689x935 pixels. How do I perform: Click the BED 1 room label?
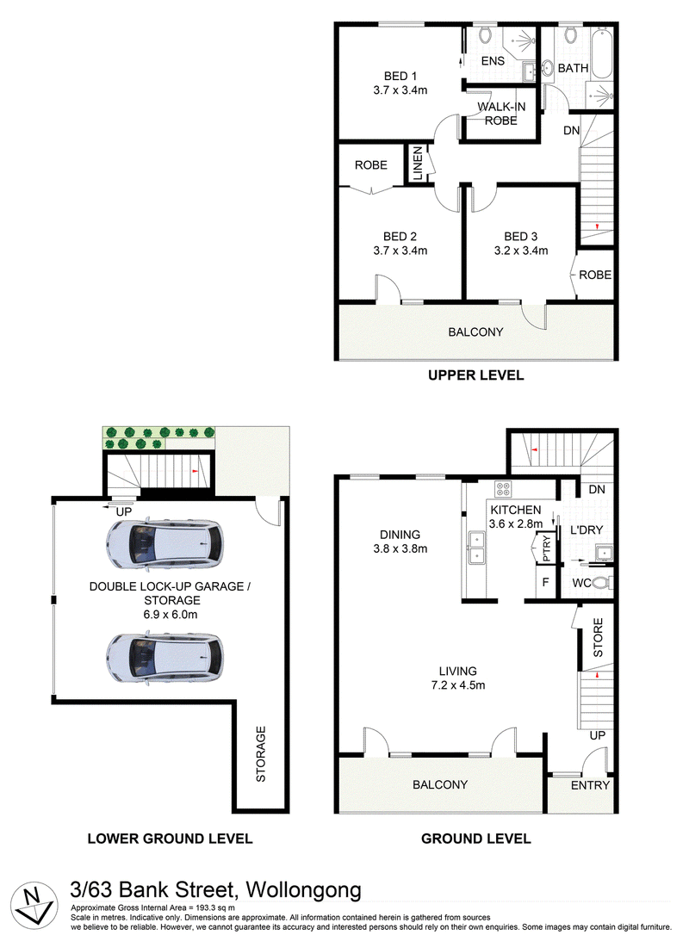coord(400,77)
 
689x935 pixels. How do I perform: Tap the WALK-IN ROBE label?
coord(501,114)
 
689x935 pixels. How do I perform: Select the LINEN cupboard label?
coord(418,163)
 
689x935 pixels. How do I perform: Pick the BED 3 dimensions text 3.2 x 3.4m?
coord(521,251)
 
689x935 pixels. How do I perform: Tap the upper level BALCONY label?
coord(475,332)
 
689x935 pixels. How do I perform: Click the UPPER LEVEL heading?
coord(476,375)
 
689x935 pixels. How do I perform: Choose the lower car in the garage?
coord(165,658)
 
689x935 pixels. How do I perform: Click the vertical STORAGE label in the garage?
coord(261,753)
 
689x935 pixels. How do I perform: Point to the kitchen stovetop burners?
coord(503,490)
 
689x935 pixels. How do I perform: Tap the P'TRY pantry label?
coord(546,548)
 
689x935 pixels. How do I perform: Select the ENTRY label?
coord(590,786)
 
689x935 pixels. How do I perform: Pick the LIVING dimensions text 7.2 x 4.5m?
coord(458,685)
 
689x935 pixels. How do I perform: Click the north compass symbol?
coord(34,901)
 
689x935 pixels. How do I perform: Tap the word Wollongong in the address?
coord(304,890)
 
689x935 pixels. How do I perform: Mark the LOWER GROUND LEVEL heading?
coord(170,839)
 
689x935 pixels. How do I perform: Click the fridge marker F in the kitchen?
coord(545,582)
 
